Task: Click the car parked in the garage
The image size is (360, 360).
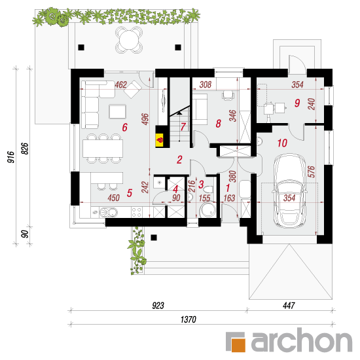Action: pyautogui.click(x=289, y=191)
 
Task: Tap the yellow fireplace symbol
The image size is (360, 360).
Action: pyautogui.click(x=160, y=140)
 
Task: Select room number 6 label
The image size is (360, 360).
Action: pyautogui.click(x=124, y=127)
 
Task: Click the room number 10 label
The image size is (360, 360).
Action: pyautogui.click(x=282, y=143)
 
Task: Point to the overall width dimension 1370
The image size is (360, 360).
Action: pyautogui.click(x=189, y=319)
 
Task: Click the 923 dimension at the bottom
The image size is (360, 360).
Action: pyautogui.click(x=158, y=306)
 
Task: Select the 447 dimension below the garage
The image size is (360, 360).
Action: pyautogui.click(x=289, y=306)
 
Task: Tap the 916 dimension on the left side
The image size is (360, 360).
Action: pyautogui.click(x=10, y=157)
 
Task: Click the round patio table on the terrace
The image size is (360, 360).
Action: pyautogui.click(x=129, y=40)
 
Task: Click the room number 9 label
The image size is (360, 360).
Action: pyautogui.click(x=297, y=103)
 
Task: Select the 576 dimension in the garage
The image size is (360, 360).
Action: pyautogui.click(x=311, y=171)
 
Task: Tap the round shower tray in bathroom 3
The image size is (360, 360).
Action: pyautogui.click(x=207, y=210)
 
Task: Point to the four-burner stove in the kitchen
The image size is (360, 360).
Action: pyautogui.click(x=136, y=212)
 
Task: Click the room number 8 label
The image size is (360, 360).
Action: pyautogui.click(x=219, y=124)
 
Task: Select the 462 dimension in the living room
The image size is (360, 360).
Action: pyautogui.click(x=121, y=84)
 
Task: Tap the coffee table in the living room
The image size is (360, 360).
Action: pyautogui.click(x=118, y=111)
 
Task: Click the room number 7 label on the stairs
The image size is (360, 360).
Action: pyautogui.click(x=183, y=127)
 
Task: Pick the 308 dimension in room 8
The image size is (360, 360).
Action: pyautogui.click(x=206, y=84)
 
